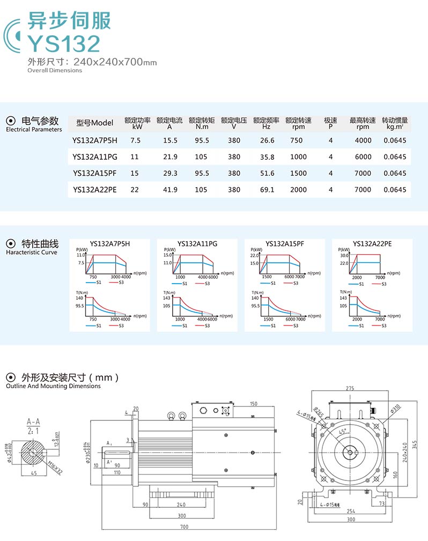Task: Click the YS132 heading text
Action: click(x=64, y=43)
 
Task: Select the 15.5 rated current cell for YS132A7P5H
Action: click(x=169, y=140)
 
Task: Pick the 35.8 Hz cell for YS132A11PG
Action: click(x=267, y=157)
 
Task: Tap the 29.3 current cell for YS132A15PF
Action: click(x=169, y=173)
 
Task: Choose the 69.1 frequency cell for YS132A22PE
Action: click(x=267, y=190)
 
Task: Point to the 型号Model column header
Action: click(x=95, y=123)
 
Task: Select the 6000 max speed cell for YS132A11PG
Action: click(x=363, y=157)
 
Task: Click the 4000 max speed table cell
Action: click(x=363, y=140)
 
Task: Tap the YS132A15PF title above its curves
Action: click(x=285, y=243)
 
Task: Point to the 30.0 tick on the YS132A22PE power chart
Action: click(x=344, y=256)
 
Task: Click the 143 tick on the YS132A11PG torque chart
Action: click(x=167, y=298)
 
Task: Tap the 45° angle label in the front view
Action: click(x=342, y=431)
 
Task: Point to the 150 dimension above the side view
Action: click(x=253, y=404)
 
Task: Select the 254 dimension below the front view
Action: click(x=351, y=511)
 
